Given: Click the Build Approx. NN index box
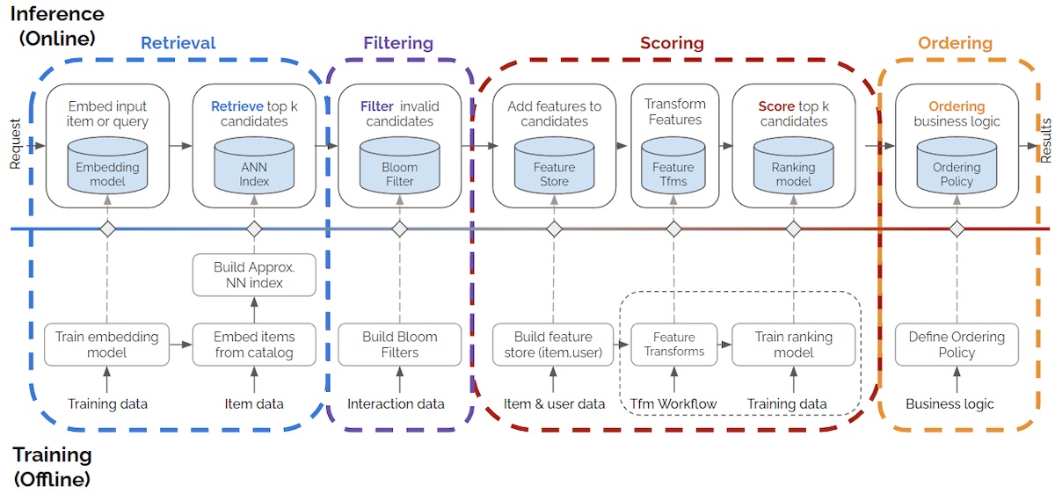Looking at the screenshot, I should click(x=254, y=275).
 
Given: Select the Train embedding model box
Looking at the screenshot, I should click(x=107, y=345).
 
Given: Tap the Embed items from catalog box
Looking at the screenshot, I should click(x=254, y=345).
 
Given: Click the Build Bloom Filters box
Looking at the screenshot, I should click(x=399, y=345).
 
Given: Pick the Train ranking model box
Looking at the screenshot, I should click(x=793, y=345).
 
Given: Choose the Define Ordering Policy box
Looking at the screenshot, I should click(x=957, y=345).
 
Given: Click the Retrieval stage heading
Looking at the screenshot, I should click(x=178, y=43).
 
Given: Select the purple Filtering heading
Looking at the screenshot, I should click(x=398, y=43).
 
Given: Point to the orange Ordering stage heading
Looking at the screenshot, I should click(x=955, y=43).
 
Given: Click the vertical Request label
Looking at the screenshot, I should click(x=14, y=143).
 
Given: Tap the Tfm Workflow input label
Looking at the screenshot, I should click(x=673, y=404).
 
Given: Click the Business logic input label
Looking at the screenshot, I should click(x=949, y=404).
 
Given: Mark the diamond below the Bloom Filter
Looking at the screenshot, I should click(x=399, y=229).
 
